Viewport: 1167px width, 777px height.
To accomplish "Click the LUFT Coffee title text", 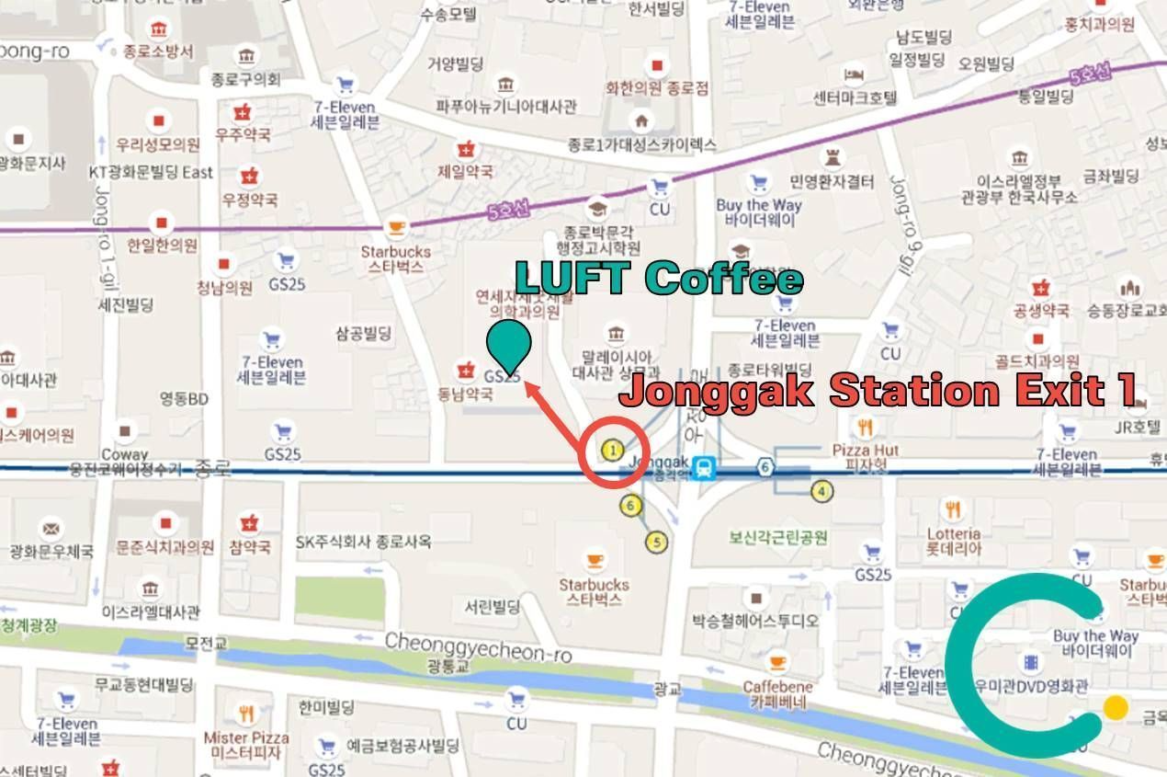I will pos(658,278).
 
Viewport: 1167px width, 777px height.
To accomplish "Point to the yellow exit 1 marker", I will pos(613,450).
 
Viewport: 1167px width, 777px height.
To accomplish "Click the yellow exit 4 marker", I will pos(821,491).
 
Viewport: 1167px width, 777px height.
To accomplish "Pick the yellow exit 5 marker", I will pos(655,542).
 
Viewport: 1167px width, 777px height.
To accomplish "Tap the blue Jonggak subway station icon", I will pos(705,467).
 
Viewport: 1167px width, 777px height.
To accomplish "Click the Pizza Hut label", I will pos(866,451).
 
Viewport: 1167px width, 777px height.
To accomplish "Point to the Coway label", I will pos(125,453).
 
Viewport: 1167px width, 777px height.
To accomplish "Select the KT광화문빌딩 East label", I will pos(151,172).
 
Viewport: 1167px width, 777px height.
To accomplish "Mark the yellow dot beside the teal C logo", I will pos(1116,707).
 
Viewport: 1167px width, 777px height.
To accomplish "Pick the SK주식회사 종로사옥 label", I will pos(363,542).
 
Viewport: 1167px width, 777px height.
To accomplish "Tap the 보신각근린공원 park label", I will pos(778,537).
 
